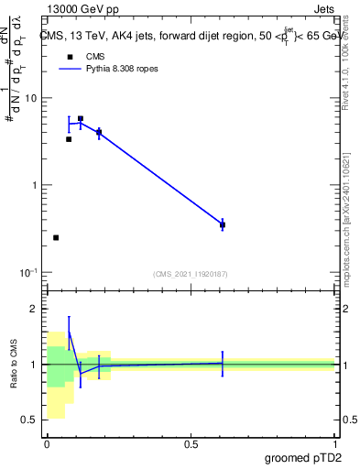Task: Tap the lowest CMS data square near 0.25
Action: click(x=56, y=237)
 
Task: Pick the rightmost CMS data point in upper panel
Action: click(x=223, y=224)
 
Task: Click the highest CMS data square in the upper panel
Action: click(x=81, y=119)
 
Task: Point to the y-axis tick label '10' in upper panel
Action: click(x=30, y=98)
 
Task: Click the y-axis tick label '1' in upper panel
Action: click(x=34, y=185)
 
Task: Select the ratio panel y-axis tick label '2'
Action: click(x=36, y=309)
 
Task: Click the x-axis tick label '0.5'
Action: click(x=191, y=443)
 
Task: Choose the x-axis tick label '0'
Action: click(x=47, y=443)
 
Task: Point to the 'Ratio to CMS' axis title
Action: click(x=14, y=365)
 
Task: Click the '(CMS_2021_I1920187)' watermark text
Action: click(x=191, y=273)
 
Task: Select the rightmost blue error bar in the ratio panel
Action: click(x=223, y=364)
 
